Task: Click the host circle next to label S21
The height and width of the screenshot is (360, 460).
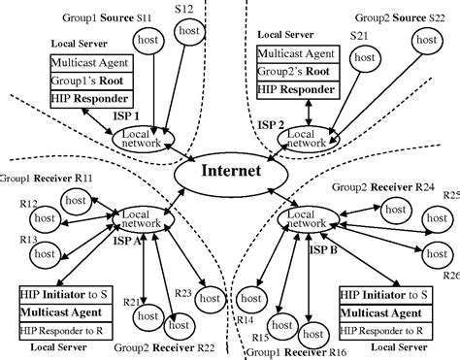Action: (364, 60)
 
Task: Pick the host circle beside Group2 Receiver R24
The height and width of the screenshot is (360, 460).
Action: (393, 209)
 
